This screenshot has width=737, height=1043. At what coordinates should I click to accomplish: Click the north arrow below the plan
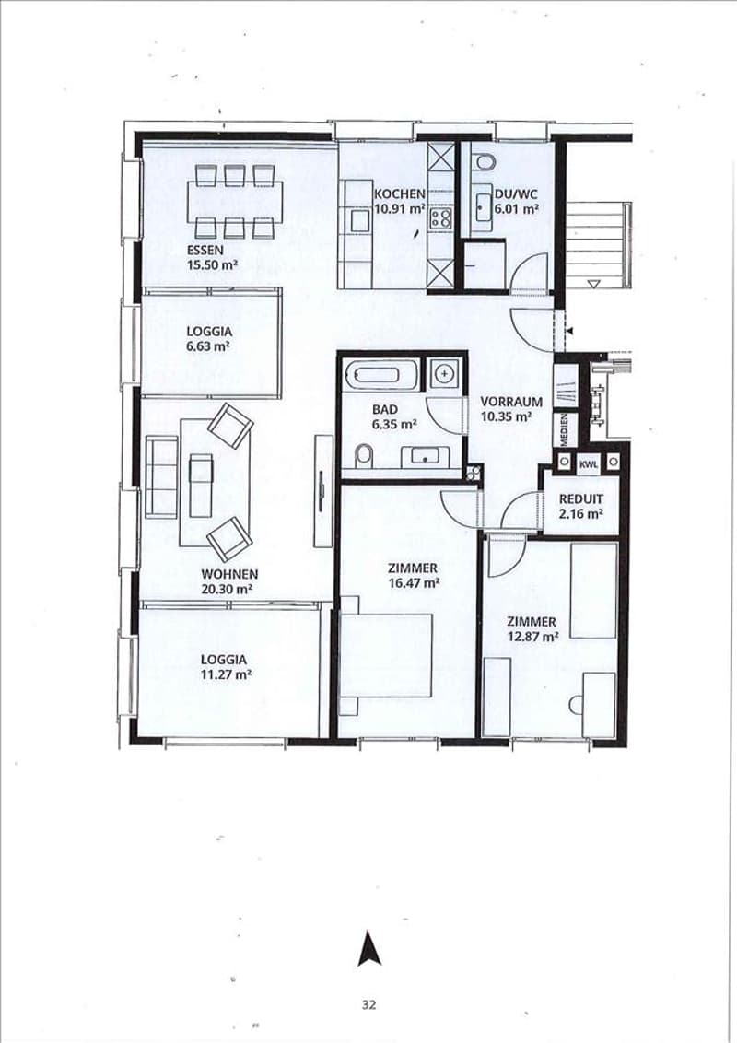[368, 949]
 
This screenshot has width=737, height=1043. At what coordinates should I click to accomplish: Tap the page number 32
[369, 1004]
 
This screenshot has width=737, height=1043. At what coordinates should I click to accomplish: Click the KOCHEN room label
[399, 194]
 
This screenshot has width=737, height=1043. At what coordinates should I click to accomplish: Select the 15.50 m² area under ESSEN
[213, 264]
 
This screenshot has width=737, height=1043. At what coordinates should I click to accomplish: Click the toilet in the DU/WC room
[484, 161]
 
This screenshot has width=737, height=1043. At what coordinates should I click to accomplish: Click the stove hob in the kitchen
[440, 217]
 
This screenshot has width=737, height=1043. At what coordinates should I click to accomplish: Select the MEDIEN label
[565, 429]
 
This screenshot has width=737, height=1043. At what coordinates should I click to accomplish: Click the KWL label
[589, 463]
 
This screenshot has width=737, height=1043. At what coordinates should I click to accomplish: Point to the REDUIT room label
[581, 498]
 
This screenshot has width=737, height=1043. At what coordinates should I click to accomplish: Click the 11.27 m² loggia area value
[226, 674]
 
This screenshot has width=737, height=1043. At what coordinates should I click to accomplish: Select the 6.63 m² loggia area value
[208, 346]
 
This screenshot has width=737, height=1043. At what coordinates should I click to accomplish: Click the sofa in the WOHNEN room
[161, 476]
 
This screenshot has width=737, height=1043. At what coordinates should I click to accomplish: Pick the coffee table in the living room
[200, 486]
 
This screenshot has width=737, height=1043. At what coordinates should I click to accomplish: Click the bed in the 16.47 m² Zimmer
[386, 655]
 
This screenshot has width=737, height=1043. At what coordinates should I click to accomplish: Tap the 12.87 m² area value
[532, 637]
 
